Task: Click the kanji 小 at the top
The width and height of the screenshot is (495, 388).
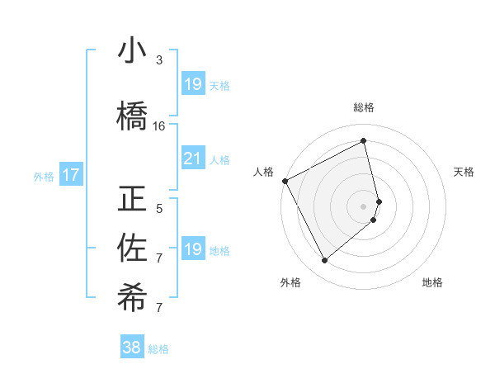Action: [x=132, y=52]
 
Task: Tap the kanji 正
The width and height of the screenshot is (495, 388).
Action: [x=132, y=200]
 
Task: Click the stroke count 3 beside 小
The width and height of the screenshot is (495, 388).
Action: [x=159, y=60]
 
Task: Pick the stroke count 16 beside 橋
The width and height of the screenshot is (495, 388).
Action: [x=159, y=126]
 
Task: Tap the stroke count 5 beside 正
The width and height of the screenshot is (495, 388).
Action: [x=159, y=208]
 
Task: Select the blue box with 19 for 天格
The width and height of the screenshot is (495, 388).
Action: [x=192, y=83]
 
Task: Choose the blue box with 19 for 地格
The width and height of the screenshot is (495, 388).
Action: [x=192, y=248]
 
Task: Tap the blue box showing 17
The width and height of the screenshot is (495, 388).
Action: [x=70, y=174]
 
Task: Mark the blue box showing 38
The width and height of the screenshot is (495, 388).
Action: [x=131, y=348]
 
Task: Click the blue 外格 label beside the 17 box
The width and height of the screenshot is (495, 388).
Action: [x=44, y=176]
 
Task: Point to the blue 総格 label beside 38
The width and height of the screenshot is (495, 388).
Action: [x=158, y=349]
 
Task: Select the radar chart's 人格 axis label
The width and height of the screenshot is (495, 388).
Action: [x=263, y=172]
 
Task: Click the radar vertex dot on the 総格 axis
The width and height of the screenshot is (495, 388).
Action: [x=364, y=141]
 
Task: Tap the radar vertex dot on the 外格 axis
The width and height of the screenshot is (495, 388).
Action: [x=324, y=261]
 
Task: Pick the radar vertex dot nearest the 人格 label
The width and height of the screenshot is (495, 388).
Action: [x=285, y=181]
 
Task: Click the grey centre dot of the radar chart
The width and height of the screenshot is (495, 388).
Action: [x=364, y=206]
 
